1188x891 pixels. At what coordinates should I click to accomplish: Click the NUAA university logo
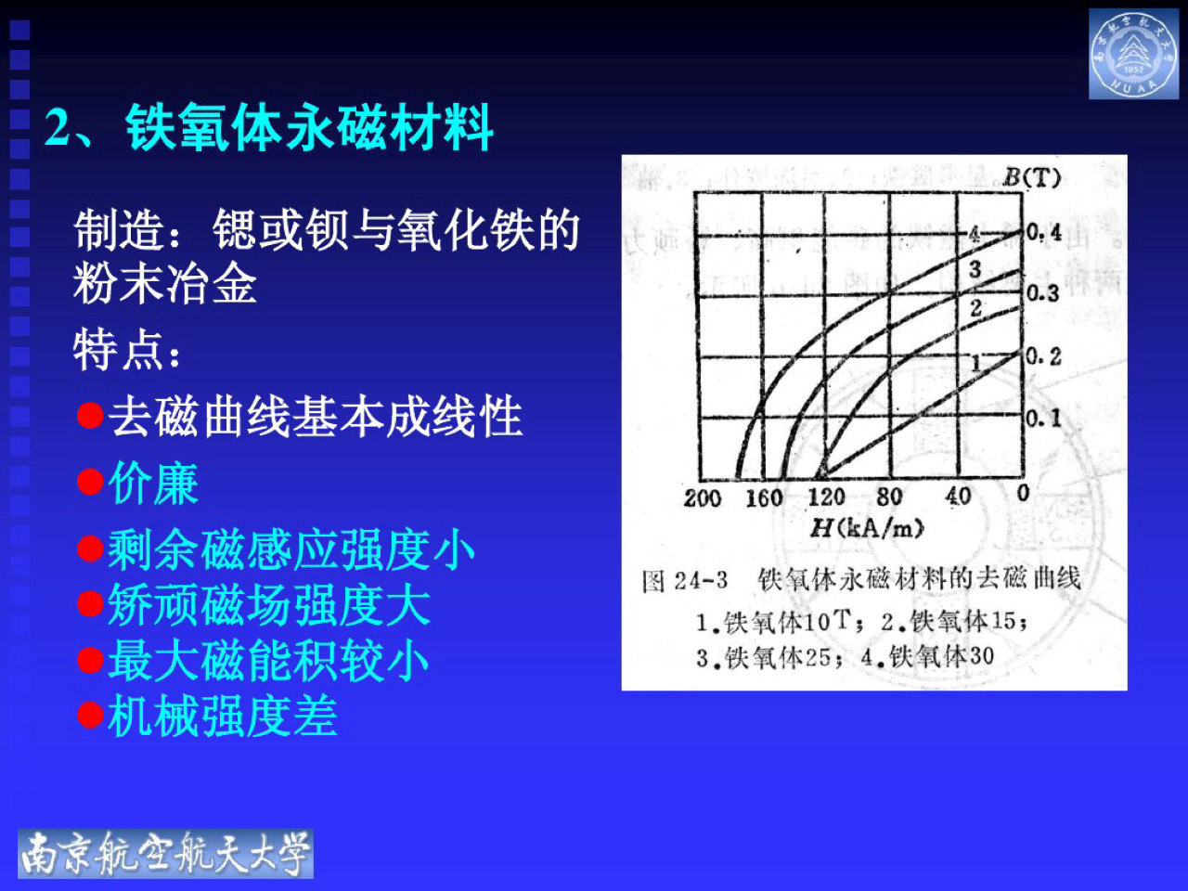tap(1133, 54)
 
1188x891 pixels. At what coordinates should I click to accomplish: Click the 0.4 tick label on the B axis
tap(1044, 232)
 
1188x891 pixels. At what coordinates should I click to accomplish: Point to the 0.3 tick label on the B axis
tap(1042, 293)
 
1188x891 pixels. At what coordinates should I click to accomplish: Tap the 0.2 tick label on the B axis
tap(1043, 356)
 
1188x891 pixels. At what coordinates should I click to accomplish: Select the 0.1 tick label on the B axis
tap(1043, 419)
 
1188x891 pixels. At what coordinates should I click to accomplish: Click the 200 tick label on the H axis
tap(703, 498)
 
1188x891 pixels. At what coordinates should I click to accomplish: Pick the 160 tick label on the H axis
tap(765, 498)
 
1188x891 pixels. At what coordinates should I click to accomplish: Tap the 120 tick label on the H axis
tap(826, 497)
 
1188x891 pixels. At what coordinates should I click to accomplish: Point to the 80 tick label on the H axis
tap(889, 497)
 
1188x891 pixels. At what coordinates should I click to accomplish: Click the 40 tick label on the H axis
tap(958, 497)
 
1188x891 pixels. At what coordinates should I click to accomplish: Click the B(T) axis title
tap(1031, 177)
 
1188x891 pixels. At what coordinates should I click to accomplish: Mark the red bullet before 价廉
tap(90, 483)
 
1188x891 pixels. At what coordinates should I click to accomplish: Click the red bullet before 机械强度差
tap(90, 716)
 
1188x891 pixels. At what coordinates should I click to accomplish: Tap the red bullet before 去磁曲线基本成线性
tap(90, 415)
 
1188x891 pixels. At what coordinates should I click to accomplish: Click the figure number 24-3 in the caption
tap(701, 581)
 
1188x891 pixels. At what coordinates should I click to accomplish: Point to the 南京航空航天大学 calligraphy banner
tap(165, 853)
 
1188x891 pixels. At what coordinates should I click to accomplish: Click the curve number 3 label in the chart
tap(975, 270)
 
